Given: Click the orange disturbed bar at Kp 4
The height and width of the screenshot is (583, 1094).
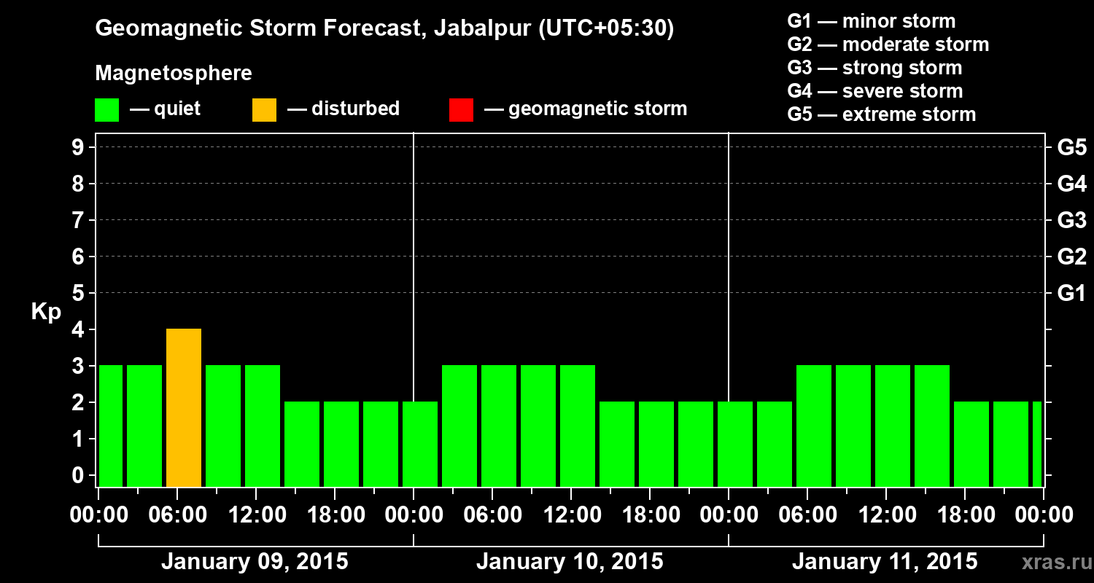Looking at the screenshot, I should (184, 407).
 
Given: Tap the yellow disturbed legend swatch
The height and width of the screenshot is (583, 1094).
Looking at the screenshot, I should (264, 109).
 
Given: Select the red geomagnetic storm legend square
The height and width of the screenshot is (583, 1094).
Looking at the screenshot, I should (461, 109).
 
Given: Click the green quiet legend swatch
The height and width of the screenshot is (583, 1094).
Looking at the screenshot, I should (106, 109).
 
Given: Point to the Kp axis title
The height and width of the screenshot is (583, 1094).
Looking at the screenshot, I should (46, 312).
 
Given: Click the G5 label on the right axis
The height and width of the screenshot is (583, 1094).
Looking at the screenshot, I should (1071, 148).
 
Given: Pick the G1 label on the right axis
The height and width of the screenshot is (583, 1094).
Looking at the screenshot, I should (1071, 294).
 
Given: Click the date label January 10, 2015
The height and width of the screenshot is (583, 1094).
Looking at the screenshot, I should (570, 562).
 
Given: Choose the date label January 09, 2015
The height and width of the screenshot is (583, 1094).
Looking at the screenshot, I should (255, 562).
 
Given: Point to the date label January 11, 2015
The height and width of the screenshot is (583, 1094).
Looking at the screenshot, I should (885, 562).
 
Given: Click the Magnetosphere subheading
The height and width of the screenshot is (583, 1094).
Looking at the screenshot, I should (174, 74).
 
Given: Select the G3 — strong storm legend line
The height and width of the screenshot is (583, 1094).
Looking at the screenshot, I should (874, 68).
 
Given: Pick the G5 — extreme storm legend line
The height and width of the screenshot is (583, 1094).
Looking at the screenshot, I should (881, 114).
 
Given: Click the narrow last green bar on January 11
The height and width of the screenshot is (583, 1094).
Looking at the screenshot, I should (1037, 444).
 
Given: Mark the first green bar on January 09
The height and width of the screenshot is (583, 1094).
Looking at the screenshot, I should (111, 426).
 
